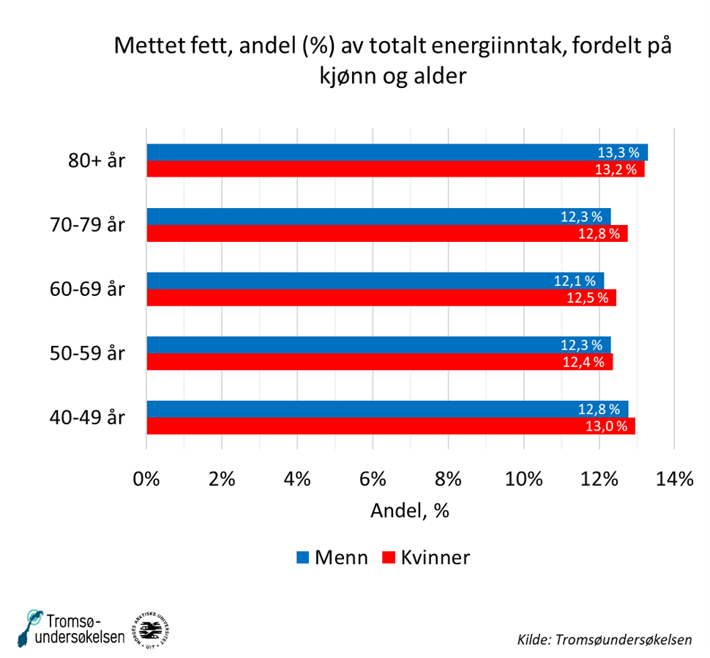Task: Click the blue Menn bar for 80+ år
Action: tap(395, 152)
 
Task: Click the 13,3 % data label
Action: tap(619, 153)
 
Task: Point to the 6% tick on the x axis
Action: tap(373, 479)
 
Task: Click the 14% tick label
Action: tap(674, 479)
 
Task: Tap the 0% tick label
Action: tap(146, 479)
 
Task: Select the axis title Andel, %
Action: tap(409, 511)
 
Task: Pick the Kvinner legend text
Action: tap(435, 558)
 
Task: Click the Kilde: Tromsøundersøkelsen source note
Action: tap(604, 638)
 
